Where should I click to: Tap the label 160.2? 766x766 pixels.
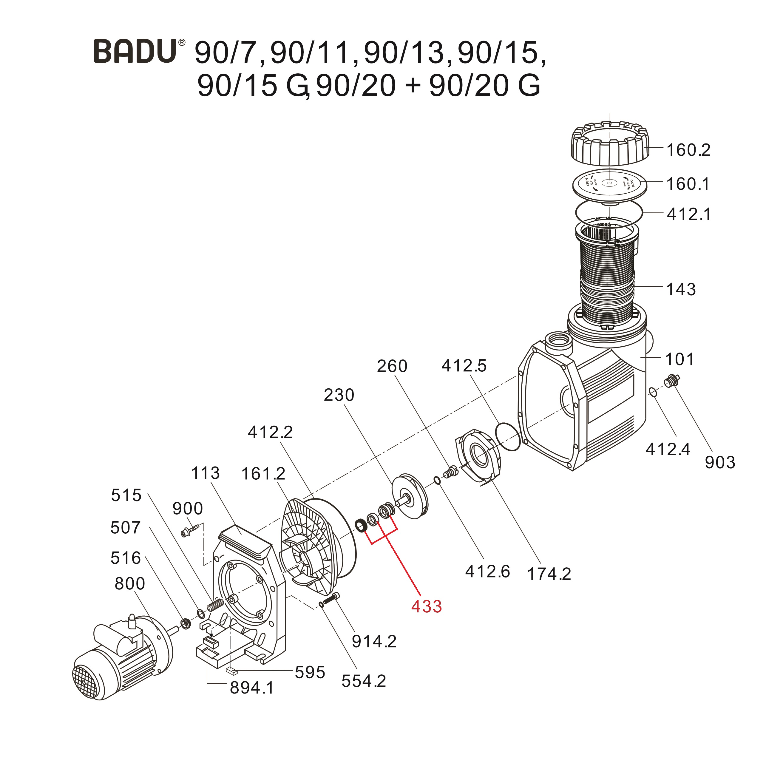[688, 150]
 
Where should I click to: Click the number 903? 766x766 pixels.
[719, 463]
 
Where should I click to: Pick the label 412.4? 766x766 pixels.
[668, 450]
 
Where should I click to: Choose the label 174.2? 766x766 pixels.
[549, 574]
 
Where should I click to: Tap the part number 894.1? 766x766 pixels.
[252, 699]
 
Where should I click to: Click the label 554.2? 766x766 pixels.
[364, 681]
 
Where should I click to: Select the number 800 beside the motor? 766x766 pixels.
[130, 584]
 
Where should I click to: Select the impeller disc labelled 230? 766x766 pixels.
[410, 495]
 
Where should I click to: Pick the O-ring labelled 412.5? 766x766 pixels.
[508, 436]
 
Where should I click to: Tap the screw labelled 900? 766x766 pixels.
[190, 530]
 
